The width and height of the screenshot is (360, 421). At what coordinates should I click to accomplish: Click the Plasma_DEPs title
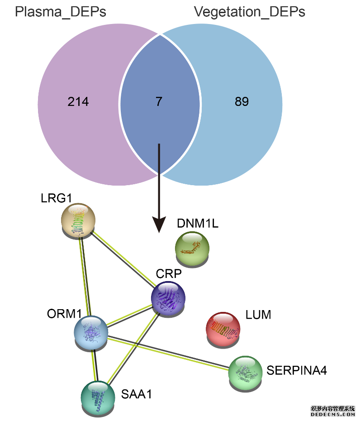click(61, 11)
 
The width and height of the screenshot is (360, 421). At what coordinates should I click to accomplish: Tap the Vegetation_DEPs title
click(250, 11)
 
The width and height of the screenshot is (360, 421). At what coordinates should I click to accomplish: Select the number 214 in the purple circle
click(78, 102)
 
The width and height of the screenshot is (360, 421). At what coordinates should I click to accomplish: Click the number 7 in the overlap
click(159, 102)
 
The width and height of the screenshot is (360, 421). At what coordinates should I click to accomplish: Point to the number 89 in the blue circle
click(242, 102)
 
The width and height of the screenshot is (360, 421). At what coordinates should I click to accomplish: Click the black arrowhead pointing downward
click(159, 224)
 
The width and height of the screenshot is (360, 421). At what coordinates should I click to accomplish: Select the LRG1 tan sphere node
click(78, 220)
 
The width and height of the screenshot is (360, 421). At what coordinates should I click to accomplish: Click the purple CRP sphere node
click(168, 297)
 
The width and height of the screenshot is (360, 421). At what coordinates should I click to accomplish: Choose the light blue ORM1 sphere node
click(91, 333)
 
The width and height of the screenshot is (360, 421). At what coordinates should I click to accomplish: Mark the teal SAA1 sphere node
click(98, 397)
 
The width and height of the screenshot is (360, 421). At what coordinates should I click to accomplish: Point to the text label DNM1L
click(198, 223)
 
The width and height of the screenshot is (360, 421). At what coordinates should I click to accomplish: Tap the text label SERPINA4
click(297, 370)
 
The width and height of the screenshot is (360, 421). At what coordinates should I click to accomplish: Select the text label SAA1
click(136, 394)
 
